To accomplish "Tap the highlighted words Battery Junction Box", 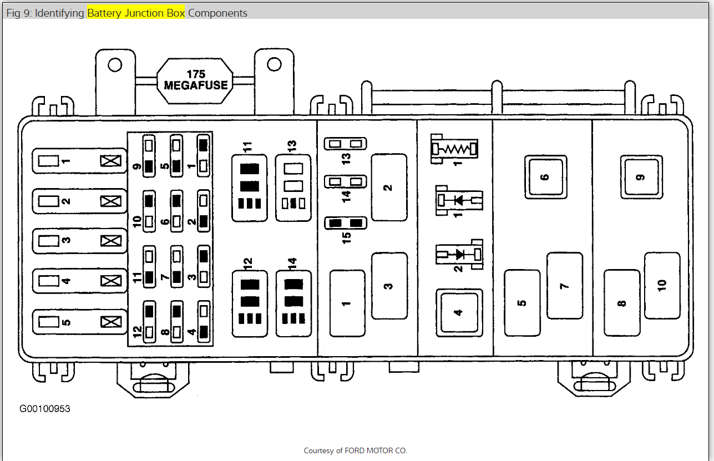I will pyautogui.click(x=136, y=13).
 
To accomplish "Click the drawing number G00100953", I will pyautogui.click(x=45, y=409).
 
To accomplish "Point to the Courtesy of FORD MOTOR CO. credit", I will pyautogui.click(x=355, y=450).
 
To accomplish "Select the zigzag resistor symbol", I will pyautogui.click(x=454, y=149).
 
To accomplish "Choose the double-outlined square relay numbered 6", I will pyautogui.click(x=545, y=176).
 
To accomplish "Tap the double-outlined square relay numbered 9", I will pyautogui.click(x=641, y=177).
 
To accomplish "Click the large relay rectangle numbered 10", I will pyautogui.click(x=662, y=285).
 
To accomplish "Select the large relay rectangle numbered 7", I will pyautogui.click(x=564, y=285).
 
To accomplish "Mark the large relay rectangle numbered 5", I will pyautogui.click(x=521, y=303).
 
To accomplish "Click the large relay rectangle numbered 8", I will pyautogui.click(x=621, y=303).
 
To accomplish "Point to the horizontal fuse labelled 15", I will pyautogui.click(x=346, y=224).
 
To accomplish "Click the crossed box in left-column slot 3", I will pyautogui.click(x=110, y=241).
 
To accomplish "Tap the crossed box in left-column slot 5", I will pyautogui.click(x=110, y=322).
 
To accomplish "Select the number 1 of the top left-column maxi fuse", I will pyautogui.click(x=66, y=161).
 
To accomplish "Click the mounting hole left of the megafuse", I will pyautogui.click(x=114, y=65).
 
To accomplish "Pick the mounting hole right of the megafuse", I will pyautogui.click(x=273, y=65).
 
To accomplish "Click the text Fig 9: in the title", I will pyautogui.click(x=19, y=13).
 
